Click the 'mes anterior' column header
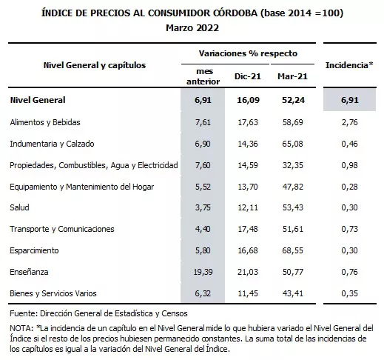200,75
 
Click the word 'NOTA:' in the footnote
22,327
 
